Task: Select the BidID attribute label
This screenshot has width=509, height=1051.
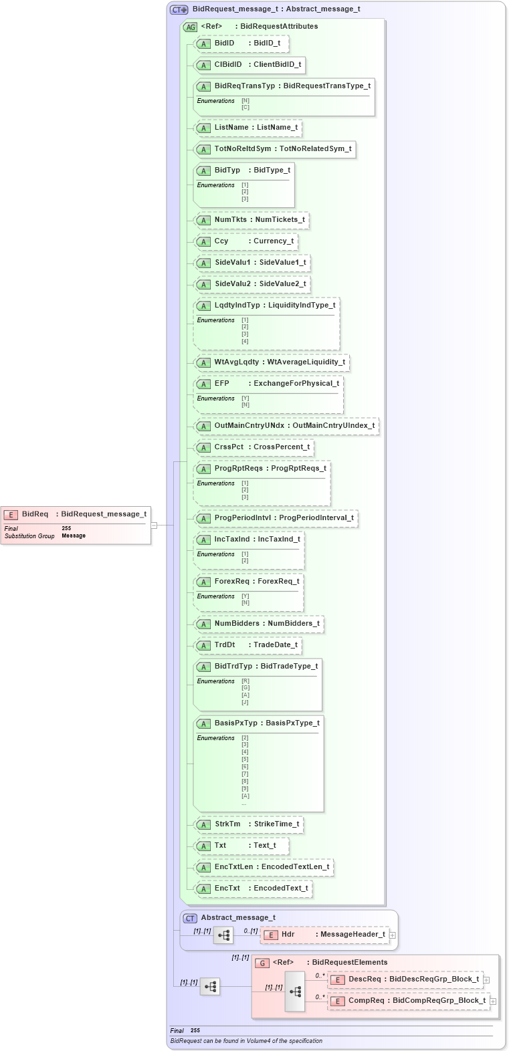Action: point(225,43)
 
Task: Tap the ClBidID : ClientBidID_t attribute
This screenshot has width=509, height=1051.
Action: point(258,65)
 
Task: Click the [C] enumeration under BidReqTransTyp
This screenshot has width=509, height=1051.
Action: point(245,108)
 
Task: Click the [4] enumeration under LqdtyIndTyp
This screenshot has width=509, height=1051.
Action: point(245,342)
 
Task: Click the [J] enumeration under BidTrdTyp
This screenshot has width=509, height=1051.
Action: point(245,702)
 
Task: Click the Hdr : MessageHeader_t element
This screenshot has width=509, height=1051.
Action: point(332,935)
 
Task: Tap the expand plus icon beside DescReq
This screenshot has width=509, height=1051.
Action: point(486,980)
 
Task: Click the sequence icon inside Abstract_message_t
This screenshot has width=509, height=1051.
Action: point(223,935)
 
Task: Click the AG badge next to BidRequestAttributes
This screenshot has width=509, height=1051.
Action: point(191,27)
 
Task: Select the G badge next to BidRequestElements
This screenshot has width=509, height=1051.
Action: point(262,963)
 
